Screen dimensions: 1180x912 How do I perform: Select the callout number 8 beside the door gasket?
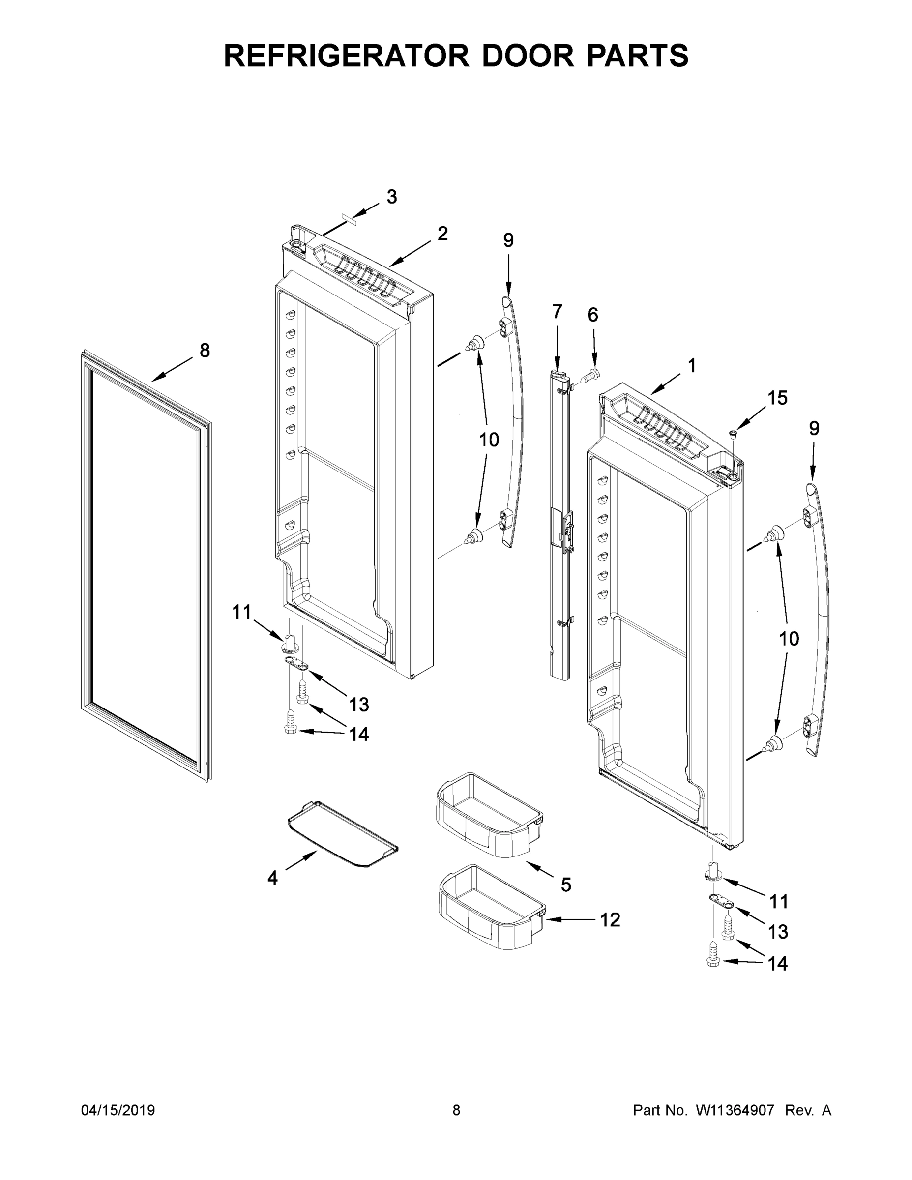point(205,351)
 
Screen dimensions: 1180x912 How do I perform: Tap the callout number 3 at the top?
point(392,197)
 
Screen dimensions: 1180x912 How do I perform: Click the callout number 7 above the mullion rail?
point(557,312)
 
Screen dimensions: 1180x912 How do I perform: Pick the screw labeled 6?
point(591,373)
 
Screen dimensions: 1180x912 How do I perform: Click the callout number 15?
point(777,398)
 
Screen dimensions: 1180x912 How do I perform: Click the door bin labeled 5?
point(489,816)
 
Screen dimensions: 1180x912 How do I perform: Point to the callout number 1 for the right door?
point(692,366)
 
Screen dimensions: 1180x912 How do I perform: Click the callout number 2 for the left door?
point(442,234)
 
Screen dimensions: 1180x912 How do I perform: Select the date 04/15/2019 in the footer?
point(118,1110)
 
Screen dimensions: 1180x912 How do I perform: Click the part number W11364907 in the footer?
point(735,1110)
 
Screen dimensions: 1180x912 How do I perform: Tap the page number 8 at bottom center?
point(456,1110)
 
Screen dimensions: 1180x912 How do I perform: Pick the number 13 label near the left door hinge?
point(359,705)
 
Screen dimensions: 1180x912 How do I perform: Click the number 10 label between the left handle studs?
point(489,440)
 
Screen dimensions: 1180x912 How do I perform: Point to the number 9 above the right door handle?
point(814,428)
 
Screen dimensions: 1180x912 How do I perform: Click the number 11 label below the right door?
point(779,901)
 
